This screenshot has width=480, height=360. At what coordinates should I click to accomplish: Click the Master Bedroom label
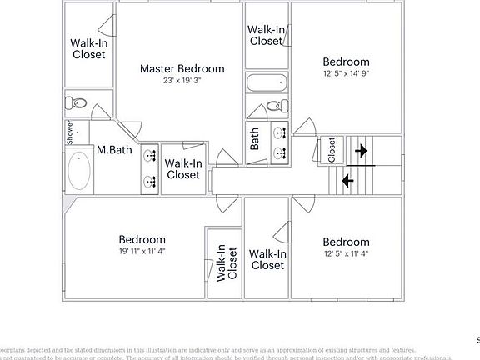tap(182, 68)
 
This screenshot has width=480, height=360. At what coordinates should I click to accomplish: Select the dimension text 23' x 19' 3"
tap(182, 81)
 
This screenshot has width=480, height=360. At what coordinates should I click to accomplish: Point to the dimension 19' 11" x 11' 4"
tap(142, 252)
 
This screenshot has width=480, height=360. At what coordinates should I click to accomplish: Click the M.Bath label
tap(114, 151)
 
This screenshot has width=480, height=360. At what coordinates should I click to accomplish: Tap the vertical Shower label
tap(71, 132)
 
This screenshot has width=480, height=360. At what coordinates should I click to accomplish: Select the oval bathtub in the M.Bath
tap(79, 171)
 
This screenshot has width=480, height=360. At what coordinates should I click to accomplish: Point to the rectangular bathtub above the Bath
tap(267, 83)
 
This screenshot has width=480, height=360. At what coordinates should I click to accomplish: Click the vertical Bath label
tap(254, 137)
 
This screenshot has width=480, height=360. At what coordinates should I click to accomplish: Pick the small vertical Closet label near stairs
tap(332, 149)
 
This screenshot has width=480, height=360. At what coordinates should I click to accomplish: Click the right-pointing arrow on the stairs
tap(360, 151)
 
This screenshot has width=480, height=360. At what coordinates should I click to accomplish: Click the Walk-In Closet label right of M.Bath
tap(182, 169)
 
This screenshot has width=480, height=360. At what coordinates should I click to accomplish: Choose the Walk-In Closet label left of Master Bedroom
tap(87, 48)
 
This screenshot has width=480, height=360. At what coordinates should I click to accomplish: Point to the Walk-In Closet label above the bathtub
tap(266, 35)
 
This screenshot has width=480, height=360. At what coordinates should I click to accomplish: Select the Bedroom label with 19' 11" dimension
tap(142, 240)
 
